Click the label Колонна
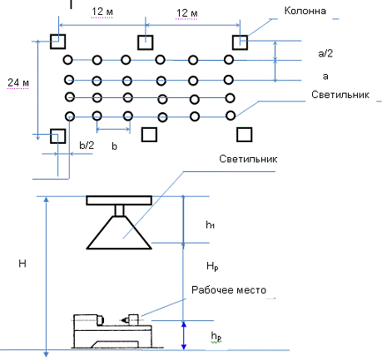pyautogui.click(x=305, y=11)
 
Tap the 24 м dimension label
pyautogui.click(x=18, y=82)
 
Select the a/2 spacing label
pyautogui.click(x=325, y=53)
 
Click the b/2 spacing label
pyautogui.click(x=87, y=145)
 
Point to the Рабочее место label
pyautogui.click(x=229, y=290)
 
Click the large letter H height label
pyautogui.click(x=22, y=264)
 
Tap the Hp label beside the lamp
pyautogui.click(x=212, y=266)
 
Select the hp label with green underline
pyautogui.click(x=216, y=337)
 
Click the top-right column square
pyautogui.click(x=240, y=42)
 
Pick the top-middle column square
pyautogui.click(x=146, y=42)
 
